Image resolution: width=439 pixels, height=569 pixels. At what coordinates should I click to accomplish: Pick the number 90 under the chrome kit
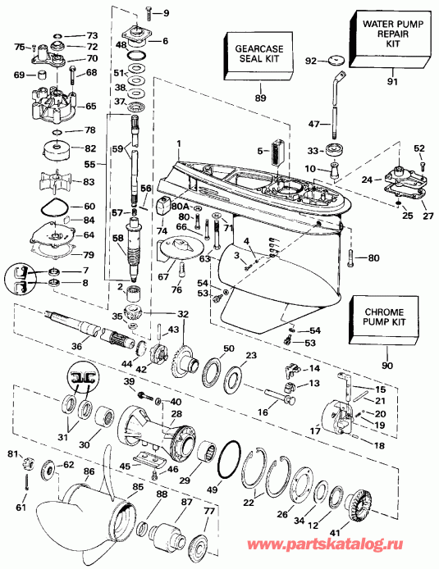coord(386,362)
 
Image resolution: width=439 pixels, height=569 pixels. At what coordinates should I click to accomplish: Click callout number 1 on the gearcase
coord(176,143)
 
